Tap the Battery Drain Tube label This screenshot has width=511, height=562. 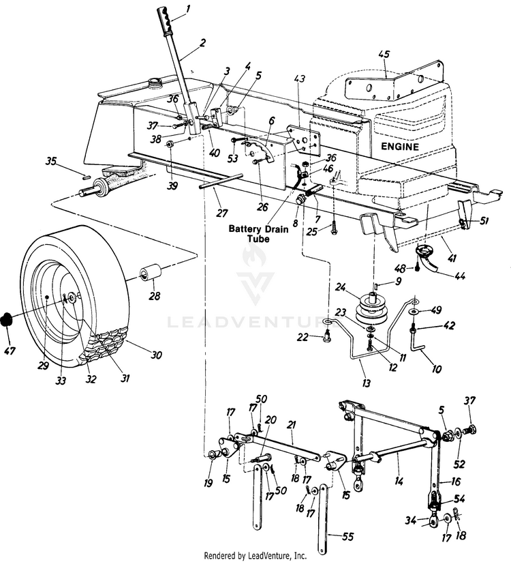click(x=258, y=235)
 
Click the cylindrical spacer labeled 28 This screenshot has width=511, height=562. click(x=149, y=275)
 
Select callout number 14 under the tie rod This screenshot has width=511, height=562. click(x=399, y=482)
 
